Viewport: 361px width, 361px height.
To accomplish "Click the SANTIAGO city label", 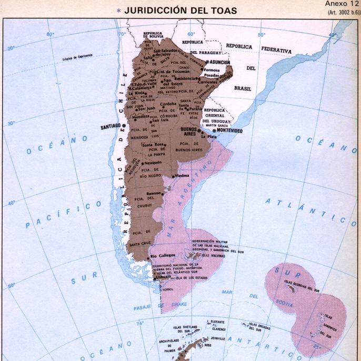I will coord(111,127).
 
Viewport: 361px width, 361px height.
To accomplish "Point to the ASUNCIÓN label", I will coord(216,62).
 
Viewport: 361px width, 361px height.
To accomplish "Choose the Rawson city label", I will coord(154,193).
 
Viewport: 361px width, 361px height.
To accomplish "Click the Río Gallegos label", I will coord(163,256).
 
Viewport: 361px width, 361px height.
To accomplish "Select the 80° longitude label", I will coord(50,34).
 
